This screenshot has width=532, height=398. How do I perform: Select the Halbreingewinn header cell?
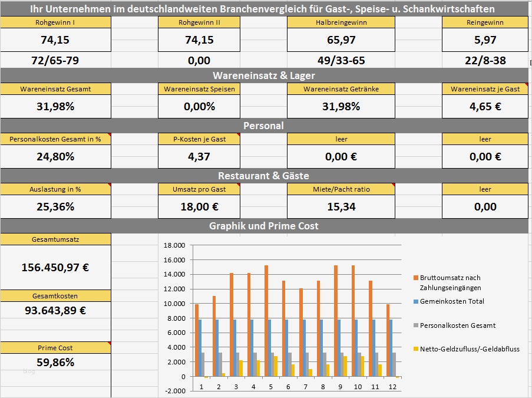pyautogui.click(x=341, y=22)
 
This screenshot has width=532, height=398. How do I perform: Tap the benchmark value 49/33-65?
pyautogui.click(x=341, y=60)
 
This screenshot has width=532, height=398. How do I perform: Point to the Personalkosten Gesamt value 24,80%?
pyautogui.click(x=55, y=156)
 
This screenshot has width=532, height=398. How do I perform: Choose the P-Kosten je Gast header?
pyautogui.click(x=199, y=139)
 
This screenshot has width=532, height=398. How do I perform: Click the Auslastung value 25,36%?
pyautogui.click(x=55, y=206)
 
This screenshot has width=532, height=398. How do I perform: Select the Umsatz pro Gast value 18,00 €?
pyautogui.click(x=199, y=206)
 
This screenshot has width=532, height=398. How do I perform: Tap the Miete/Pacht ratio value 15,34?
pyautogui.click(x=341, y=206)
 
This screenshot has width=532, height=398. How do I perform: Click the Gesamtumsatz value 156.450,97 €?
pyautogui.click(x=55, y=267)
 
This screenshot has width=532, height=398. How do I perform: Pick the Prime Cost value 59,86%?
pyautogui.click(x=55, y=362)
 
